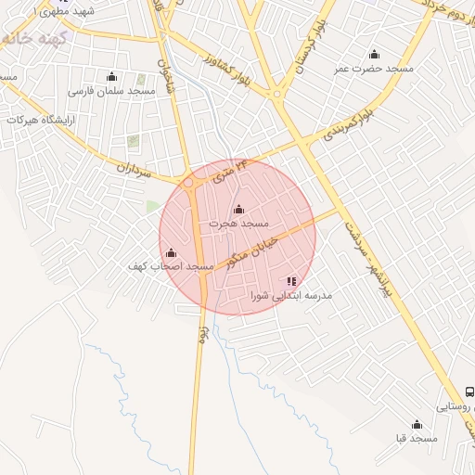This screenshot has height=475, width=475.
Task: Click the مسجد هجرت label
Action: point(238,224)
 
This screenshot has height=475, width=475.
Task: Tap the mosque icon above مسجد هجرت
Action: point(239,209)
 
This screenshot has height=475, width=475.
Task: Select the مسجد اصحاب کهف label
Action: point(171,266)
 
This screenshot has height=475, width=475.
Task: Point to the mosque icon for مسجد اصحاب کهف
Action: point(171,252)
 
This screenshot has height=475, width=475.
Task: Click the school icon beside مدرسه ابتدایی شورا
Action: point(291,280)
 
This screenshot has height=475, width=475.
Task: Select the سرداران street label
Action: point(134,166)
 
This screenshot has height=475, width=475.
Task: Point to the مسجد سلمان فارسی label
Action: point(111,92)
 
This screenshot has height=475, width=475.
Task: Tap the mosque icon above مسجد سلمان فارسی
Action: point(112,76)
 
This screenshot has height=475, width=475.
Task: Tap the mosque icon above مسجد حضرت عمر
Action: point(374,54)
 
